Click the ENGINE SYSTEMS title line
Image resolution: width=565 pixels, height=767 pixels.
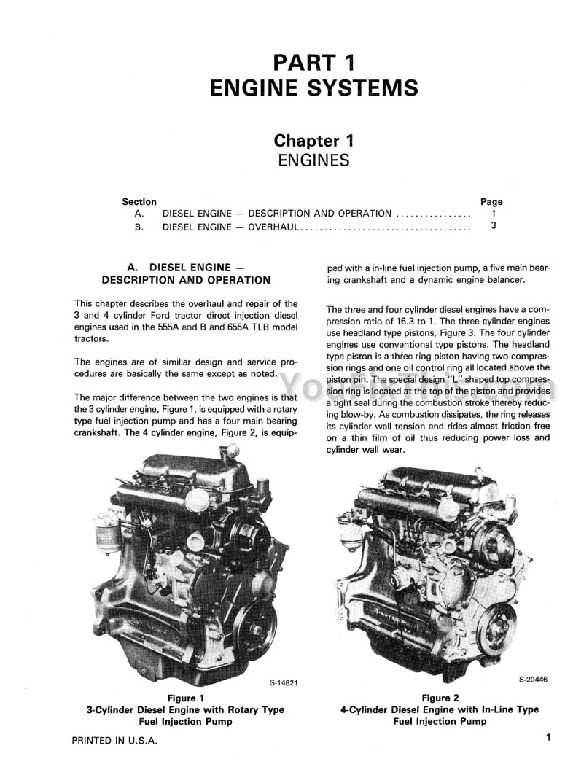point(313,88)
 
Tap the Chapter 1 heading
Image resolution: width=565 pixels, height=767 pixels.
point(313,141)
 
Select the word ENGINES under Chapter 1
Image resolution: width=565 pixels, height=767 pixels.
point(313,160)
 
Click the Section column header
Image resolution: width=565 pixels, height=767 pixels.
point(139,202)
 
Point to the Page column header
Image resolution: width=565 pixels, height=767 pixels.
point(491,202)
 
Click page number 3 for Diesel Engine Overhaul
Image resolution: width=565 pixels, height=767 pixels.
point(494,227)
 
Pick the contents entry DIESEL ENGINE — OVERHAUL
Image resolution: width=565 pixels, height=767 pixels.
point(230,227)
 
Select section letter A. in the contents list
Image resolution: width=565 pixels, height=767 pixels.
point(139,214)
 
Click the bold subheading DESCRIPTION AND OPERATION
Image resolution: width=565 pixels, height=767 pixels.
point(186,280)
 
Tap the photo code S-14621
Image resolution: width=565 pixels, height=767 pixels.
point(283,683)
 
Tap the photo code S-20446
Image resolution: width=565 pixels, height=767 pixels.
point(534,679)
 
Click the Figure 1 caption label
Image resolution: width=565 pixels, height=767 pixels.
point(186,698)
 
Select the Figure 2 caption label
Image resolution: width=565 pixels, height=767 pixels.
point(440,698)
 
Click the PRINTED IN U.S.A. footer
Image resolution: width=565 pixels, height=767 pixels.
point(114,741)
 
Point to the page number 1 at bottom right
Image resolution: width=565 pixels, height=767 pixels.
point(548,738)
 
